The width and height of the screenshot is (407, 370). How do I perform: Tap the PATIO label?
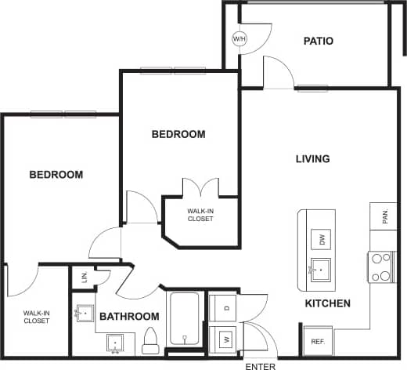click(x=319, y=41)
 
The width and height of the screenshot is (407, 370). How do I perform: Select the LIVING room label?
click(x=312, y=159)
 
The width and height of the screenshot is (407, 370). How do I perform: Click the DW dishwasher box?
click(x=319, y=239)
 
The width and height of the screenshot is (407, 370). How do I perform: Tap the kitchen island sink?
click(x=319, y=269)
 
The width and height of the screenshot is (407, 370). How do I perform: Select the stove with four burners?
click(x=380, y=267)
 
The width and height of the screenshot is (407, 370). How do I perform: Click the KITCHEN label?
click(x=328, y=303)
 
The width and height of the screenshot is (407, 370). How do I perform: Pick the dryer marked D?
click(x=225, y=306)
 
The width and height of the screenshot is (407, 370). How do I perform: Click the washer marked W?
click(x=225, y=339)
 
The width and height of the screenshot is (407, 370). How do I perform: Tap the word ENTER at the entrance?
click(x=260, y=365)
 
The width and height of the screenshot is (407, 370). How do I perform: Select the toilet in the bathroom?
click(x=151, y=339)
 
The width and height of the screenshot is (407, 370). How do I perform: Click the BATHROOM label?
click(x=129, y=317)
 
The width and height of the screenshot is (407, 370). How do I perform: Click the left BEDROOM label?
click(x=56, y=175)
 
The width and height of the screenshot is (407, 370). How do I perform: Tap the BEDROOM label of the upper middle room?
click(x=178, y=134)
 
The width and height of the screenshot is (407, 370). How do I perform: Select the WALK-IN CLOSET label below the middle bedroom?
click(x=200, y=216)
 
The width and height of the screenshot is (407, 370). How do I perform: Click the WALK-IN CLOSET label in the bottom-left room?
click(x=36, y=317)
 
